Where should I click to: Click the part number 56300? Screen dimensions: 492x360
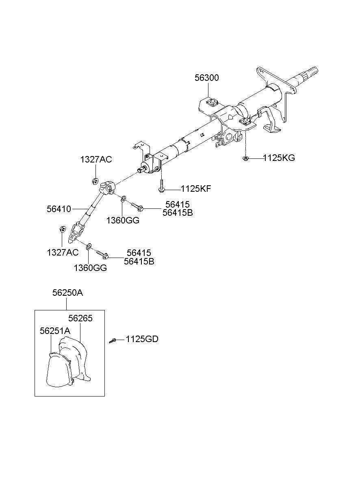click(206, 78)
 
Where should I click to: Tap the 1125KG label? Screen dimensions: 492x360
click(279, 158)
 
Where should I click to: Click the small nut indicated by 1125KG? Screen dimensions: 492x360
click(246, 158)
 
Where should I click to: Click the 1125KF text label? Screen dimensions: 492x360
click(196, 189)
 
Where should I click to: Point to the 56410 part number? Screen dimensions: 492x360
click(59, 209)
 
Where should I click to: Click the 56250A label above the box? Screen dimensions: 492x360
click(67, 293)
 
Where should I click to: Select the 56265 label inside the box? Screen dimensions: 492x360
click(80, 319)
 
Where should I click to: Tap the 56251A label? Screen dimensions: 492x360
click(55, 331)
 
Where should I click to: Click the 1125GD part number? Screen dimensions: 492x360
click(142, 339)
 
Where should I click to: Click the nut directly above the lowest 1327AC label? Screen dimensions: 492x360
click(62, 230)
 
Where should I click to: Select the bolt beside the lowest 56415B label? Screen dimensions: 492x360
click(102, 254)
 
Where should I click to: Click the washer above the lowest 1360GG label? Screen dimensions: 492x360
click(89, 246)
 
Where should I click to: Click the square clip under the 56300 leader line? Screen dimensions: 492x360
click(212, 102)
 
